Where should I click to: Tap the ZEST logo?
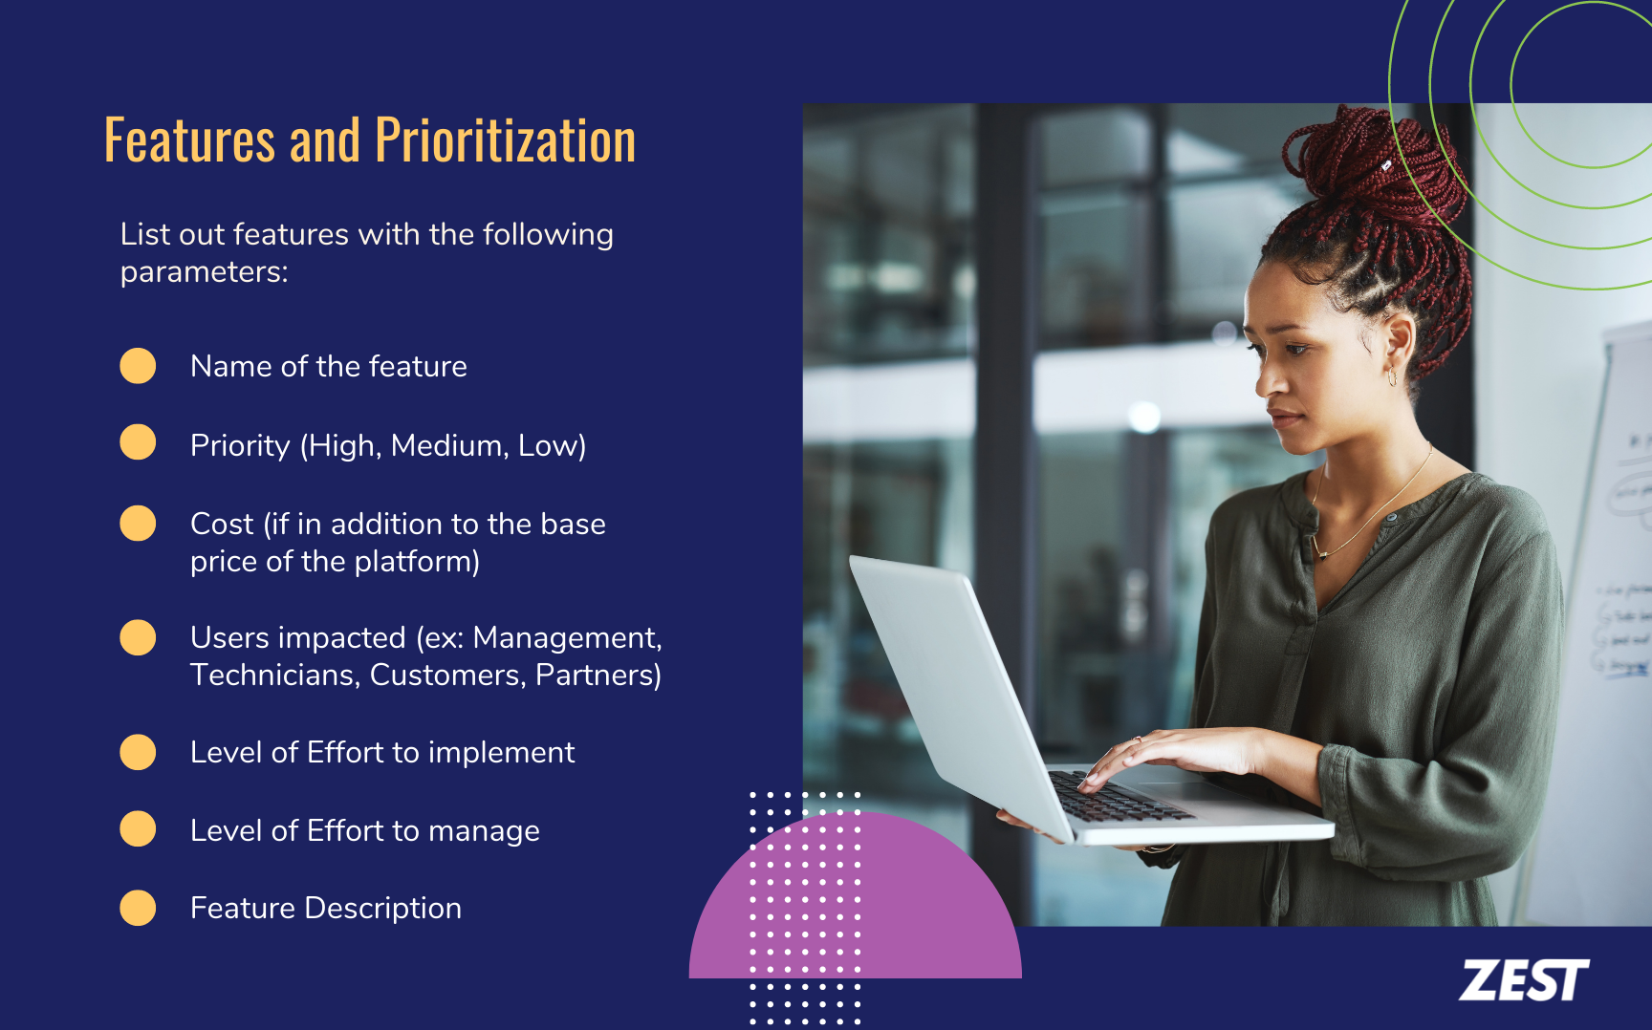point(1523,981)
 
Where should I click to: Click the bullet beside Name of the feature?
point(138,366)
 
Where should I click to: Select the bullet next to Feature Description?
point(138,908)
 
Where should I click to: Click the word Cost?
point(222,525)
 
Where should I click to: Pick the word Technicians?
point(273,676)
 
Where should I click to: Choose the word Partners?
point(598,676)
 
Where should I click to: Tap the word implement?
point(501,753)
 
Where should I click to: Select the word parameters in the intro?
point(203,272)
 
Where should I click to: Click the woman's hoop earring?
point(1392,377)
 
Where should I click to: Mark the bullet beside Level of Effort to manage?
point(138,829)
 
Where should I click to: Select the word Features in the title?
point(189,141)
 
